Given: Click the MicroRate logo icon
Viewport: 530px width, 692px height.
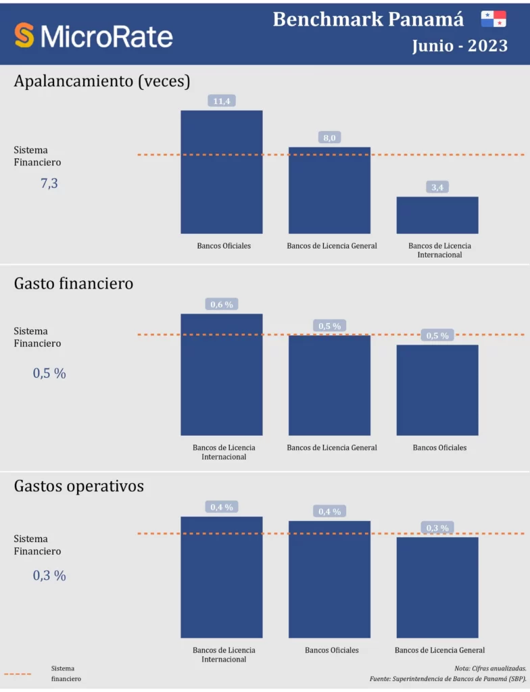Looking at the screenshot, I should [x=24, y=35].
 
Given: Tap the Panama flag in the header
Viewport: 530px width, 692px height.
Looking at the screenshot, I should [x=493, y=19].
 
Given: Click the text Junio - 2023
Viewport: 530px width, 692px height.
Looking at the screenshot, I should [x=460, y=46].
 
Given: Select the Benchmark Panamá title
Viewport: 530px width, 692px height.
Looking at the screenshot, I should [x=368, y=20].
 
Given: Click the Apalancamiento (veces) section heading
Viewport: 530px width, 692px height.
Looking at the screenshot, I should [x=102, y=81].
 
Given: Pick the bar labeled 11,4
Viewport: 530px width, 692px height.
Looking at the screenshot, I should [x=221, y=172].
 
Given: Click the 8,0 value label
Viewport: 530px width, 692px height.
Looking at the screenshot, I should [x=329, y=138].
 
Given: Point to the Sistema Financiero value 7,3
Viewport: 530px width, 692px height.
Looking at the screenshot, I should [x=49, y=183].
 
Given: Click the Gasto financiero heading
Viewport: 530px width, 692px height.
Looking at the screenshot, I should [x=74, y=284].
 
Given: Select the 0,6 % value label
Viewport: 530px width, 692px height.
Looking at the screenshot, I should [x=222, y=305].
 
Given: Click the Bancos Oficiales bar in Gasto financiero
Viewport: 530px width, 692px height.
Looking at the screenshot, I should [x=437, y=390].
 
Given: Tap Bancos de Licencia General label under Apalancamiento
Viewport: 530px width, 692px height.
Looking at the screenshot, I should [x=332, y=246].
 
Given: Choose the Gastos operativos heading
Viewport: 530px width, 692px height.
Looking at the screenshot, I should [x=79, y=487].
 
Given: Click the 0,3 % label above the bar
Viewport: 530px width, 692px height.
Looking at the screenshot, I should [x=437, y=528].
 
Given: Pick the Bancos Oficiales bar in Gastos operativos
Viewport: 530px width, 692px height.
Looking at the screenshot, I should [x=329, y=579].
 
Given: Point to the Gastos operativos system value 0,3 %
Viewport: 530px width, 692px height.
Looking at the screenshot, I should [x=49, y=576].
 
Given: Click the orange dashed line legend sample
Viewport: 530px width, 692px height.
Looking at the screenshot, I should [x=18, y=674].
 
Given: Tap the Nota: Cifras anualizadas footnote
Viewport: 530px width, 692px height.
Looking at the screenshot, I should [x=491, y=668].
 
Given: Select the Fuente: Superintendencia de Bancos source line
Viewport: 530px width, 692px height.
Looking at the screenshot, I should [x=448, y=678].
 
